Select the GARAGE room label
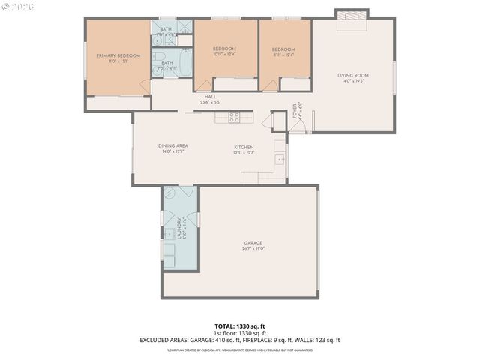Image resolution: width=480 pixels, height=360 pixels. pos(254,242)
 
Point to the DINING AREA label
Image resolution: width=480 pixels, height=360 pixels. pos(172,146)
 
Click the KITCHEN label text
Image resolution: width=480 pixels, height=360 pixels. pos(244,147)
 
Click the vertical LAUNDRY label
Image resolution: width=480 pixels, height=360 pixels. pos(179,227)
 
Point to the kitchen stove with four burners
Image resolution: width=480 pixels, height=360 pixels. pos(234,117)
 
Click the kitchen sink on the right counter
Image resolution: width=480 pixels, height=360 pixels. pos(279,159)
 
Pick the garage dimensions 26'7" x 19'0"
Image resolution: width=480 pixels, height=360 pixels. pos(254,248)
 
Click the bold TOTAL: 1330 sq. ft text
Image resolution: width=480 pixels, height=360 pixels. pos(240,326)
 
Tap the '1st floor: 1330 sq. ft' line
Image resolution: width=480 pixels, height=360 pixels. pos(240,333)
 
